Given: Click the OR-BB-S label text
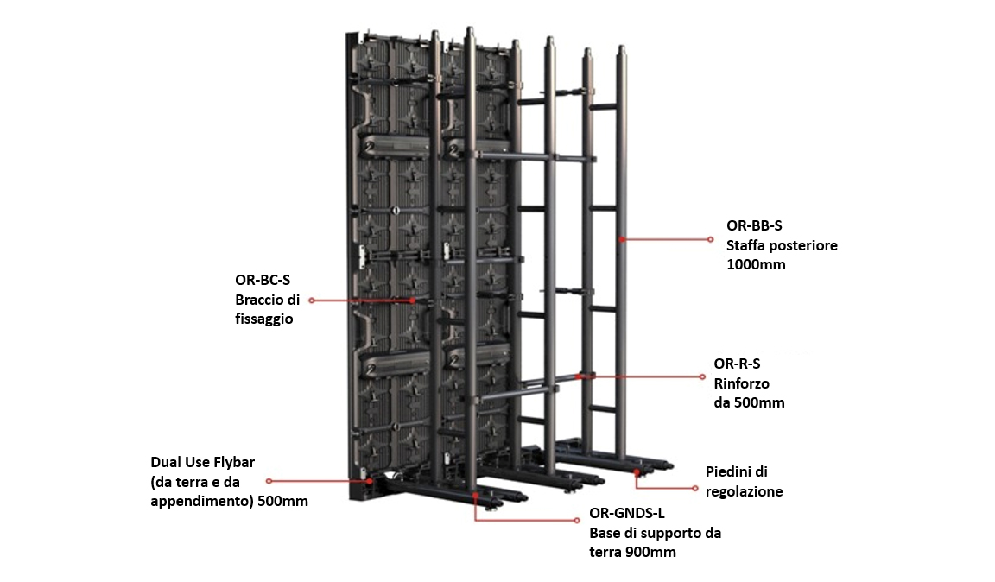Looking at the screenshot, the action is [754, 225].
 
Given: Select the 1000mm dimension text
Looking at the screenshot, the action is [756, 264].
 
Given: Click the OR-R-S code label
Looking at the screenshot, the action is [737, 364].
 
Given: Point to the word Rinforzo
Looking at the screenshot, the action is [741, 383].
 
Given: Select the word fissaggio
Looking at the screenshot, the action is [264, 319].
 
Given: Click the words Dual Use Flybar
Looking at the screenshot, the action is [202, 462].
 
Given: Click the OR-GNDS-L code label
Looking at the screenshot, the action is [627, 514].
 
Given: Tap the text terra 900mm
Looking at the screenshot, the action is [632, 552].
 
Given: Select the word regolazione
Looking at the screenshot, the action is [744, 492].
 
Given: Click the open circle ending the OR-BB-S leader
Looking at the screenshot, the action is [711, 239].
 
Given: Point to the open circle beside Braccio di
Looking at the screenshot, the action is [312, 300].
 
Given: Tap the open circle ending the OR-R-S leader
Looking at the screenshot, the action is [702, 377].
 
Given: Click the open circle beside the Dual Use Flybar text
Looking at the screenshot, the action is [269, 481].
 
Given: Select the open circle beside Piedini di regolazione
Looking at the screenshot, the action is [694, 489].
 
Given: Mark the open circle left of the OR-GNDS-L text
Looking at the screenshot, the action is [577, 521].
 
